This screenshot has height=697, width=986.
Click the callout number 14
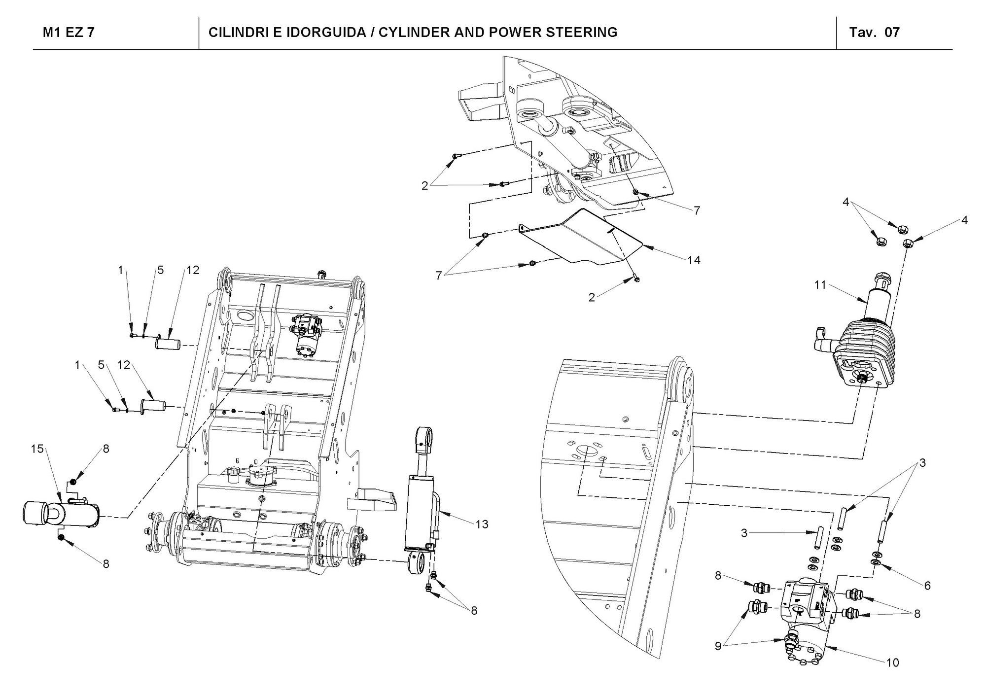[694, 260]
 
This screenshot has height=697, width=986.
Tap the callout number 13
[482, 524]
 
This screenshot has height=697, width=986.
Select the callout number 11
[820, 285]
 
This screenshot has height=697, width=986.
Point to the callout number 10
[892, 662]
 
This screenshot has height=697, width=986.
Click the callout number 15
[37, 449]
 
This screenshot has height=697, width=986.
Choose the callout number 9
[718, 646]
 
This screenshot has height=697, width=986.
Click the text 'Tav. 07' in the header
[874, 33]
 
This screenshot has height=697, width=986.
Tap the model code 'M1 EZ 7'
[69, 33]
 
